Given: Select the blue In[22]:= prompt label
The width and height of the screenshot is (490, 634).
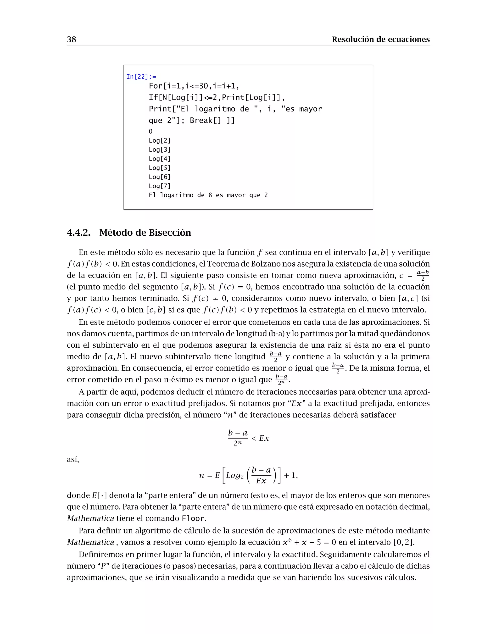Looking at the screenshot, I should pos(141,77).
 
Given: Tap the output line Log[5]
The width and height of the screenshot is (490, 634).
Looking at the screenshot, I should pos(159,168).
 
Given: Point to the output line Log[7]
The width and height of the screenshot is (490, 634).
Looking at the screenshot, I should pos(159,186).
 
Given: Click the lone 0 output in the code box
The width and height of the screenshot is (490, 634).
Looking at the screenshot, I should pos(150,132).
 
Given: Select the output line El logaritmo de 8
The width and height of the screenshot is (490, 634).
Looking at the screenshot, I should pos(208,195).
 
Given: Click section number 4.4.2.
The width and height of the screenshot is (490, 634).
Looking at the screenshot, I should pos(78,233).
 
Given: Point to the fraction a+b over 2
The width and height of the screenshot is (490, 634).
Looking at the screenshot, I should pos(423,275).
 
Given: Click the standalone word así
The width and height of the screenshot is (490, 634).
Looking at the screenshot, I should pos(73,459).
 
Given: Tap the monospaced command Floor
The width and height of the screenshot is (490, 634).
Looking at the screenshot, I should pos(194,518).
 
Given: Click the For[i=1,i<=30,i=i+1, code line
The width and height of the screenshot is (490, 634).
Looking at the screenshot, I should pos(194,86).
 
